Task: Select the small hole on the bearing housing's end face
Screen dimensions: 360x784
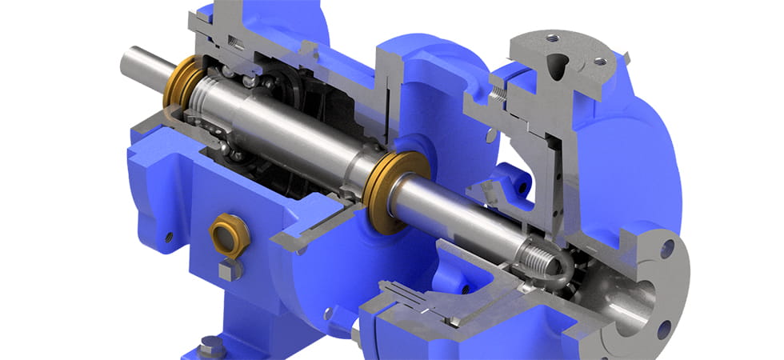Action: tap(169, 238)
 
